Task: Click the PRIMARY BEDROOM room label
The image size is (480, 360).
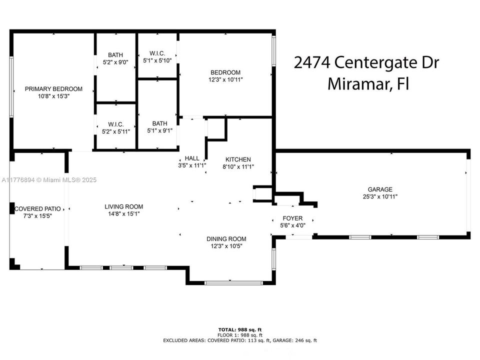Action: click(x=53, y=89)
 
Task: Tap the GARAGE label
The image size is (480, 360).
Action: click(x=380, y=189)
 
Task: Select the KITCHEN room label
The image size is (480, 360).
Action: click(x=238, y=160)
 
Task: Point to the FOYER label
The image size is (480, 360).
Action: click(x=292, y=218)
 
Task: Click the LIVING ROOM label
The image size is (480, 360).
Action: click(x=123, y=206)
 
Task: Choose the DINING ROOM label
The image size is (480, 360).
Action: click(x=226, y=238)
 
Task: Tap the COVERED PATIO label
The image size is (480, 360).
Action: click(x=37, y=209)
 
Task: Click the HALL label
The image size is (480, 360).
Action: click(x=192, y=158)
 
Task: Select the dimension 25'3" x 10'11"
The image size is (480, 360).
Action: click(x=380, y=196)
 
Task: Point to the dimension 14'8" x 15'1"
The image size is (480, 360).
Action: click(x=123, y=213)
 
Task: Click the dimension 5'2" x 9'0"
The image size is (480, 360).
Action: click(x=115, y=62)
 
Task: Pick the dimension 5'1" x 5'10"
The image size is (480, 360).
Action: click(x=157, y=60)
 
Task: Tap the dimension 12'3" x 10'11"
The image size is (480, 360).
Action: click(x=226, y=79)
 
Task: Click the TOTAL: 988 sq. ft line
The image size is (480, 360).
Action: click(x=240, y=329)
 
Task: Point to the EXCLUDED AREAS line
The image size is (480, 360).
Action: click(x=240, y=340)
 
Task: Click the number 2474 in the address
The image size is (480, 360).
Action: click(x=311, y=63)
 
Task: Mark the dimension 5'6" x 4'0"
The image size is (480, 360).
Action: click(x=292, y=225)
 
